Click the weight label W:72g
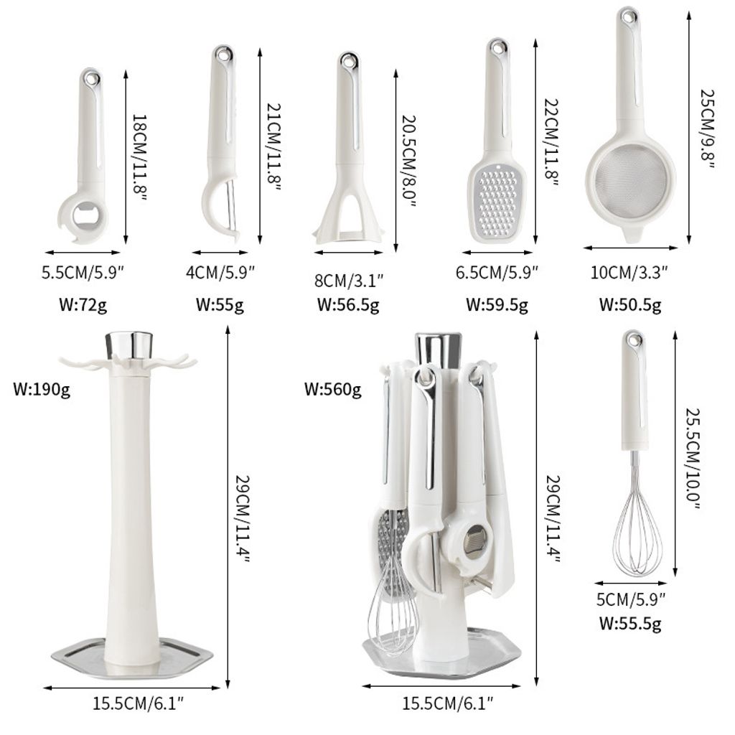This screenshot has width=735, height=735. [x=83, y=304]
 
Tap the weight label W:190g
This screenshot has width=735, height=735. [x=42, y=388]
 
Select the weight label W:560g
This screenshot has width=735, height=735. [x=333, y=388]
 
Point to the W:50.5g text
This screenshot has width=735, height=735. [x=630, y=304]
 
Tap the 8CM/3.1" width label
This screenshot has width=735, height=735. [x=349, y=281]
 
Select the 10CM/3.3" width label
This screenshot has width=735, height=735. [x=629, y=272]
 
